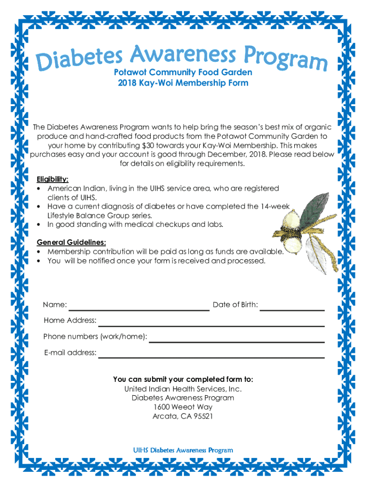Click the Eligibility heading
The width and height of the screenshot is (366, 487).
53,179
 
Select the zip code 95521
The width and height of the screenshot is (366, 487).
202,416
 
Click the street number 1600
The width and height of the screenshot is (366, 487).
162,407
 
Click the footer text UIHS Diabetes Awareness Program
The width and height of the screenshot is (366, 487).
183,450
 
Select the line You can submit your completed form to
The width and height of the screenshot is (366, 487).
183,380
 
